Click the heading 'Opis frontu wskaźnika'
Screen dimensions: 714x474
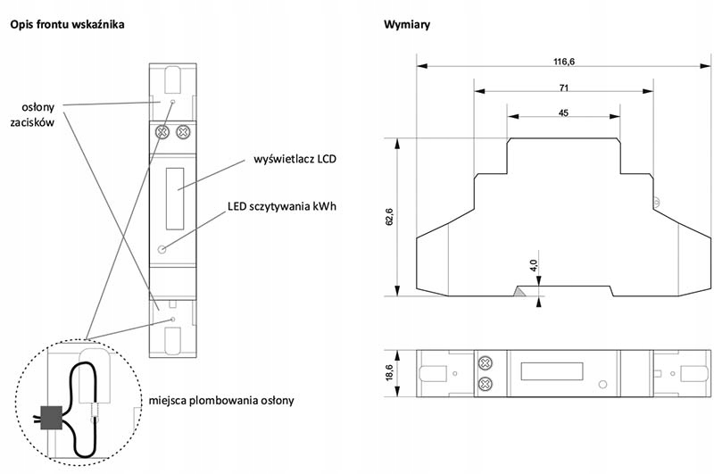[x=68, y=25]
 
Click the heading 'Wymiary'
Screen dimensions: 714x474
[x=407, y=25]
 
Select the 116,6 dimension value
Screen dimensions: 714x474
[x=564, y=62]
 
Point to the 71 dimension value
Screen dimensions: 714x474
[x=564, y=87]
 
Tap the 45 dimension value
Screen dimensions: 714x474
[x=563, y=113]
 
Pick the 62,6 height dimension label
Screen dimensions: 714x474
[x=389, y=217]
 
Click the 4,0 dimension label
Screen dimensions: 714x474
[x=534, y=265]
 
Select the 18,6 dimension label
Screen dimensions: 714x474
[x=389, y=373]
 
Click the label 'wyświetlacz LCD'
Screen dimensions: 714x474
[x=295, y=160]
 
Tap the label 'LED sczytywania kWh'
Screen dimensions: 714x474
[x=282, y=206]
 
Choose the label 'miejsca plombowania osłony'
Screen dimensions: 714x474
[x=221, y=401]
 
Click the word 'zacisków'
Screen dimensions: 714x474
[x=32, y=122]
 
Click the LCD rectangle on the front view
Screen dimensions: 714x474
[x=175, y=198]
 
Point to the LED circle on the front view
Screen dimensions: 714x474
[x=162, y=249]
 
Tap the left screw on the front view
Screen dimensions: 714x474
[x=162, y=132]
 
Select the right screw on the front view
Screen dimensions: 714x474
[x=183, y=132]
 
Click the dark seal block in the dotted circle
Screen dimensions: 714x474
[x=52, y=418]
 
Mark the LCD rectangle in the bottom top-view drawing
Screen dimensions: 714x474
[x=552, y=371]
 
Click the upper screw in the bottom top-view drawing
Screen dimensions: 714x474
[x=486, y=363]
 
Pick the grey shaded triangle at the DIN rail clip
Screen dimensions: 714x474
[x=519, y=291]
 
